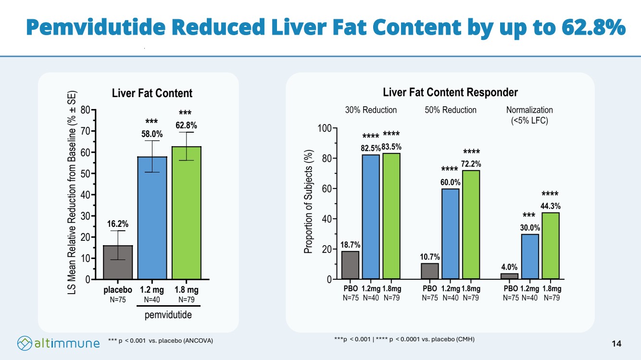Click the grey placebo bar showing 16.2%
118,262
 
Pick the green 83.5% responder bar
391,216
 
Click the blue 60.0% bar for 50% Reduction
451,234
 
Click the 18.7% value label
350,245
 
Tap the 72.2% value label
471,164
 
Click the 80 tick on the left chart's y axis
86,110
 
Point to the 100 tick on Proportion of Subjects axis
324,128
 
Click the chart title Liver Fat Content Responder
450,92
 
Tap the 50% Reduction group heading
451,110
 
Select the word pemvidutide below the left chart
168,315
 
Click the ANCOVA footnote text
161,340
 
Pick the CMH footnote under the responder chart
404,339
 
